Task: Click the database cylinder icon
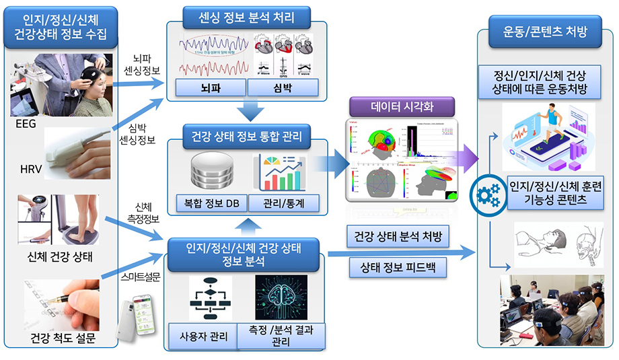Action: click(210, 172)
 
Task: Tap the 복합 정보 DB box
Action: click(210, 203)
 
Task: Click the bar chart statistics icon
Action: click(283, 172)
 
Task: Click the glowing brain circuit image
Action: click(281, 297)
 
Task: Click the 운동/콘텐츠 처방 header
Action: click(545, 31)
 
